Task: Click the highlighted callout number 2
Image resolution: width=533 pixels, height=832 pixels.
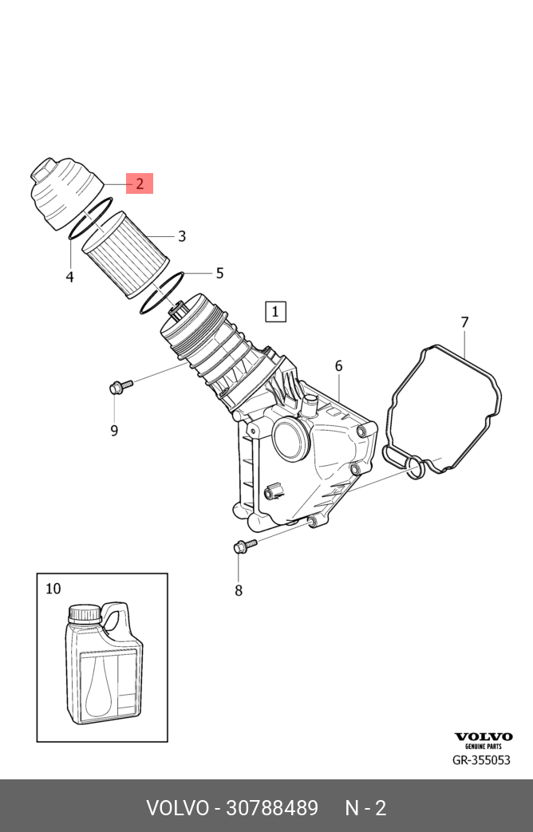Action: [139, 183]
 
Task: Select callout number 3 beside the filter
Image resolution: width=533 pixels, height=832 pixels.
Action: [182, 236]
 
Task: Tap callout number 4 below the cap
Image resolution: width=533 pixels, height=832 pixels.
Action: [70, 277]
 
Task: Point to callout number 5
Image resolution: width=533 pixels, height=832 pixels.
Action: [219, 273]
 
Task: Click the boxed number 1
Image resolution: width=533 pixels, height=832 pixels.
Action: [274, 311]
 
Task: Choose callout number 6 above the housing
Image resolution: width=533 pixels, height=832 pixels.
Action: [338, 366]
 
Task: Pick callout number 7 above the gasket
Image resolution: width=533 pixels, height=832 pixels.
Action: [464, 322]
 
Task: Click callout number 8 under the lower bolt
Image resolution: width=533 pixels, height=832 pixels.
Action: [239, 590]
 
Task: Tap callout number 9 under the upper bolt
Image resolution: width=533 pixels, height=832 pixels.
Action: [114, 431]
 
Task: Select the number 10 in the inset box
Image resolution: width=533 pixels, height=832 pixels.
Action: [53, 589]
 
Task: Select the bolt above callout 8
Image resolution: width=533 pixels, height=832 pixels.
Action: [243, 546]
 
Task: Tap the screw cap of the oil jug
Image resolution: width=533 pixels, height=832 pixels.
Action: [84, 613]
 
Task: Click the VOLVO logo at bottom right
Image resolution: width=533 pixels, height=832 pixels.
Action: [484, 737]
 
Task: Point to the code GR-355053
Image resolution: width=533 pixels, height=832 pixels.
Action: [481, 760]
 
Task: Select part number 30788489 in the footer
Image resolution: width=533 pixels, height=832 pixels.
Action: [272, 807]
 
